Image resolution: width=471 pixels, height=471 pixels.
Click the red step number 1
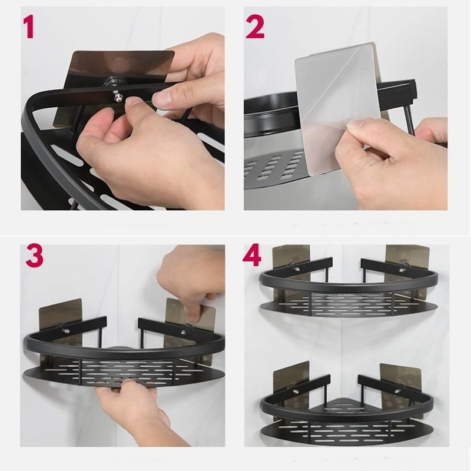coord(28,28)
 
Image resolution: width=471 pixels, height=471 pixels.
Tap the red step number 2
coord(256,28)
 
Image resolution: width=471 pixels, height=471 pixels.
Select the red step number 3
coord(35,256)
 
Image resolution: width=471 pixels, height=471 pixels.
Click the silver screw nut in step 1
coord(117,97)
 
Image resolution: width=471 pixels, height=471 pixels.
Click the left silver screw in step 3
coord(66,331)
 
